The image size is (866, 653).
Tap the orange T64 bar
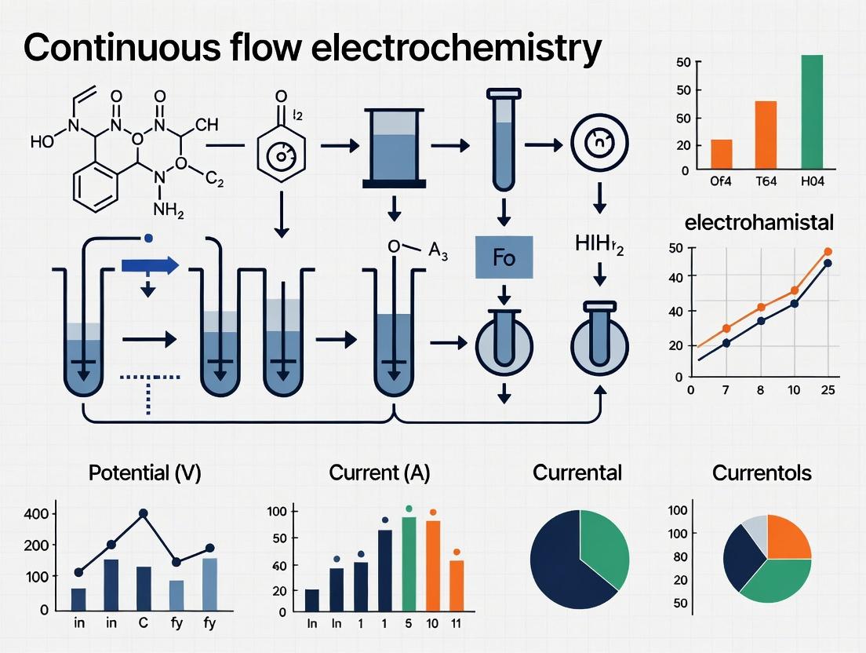(766, 135)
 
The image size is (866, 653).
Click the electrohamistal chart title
(759, 223)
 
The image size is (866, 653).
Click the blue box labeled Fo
(504, 258)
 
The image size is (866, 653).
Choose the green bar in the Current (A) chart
(408, 564)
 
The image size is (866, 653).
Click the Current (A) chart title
(380, 473)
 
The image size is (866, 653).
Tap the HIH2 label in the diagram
(600, 246)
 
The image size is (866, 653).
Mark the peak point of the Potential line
(144, 513)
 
